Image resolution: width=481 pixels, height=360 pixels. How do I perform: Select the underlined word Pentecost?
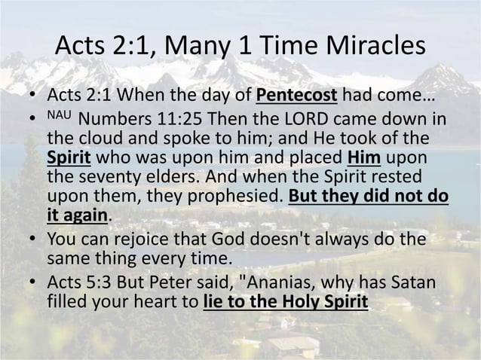[296, 98]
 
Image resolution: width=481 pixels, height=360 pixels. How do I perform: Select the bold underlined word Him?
[364, 160]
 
